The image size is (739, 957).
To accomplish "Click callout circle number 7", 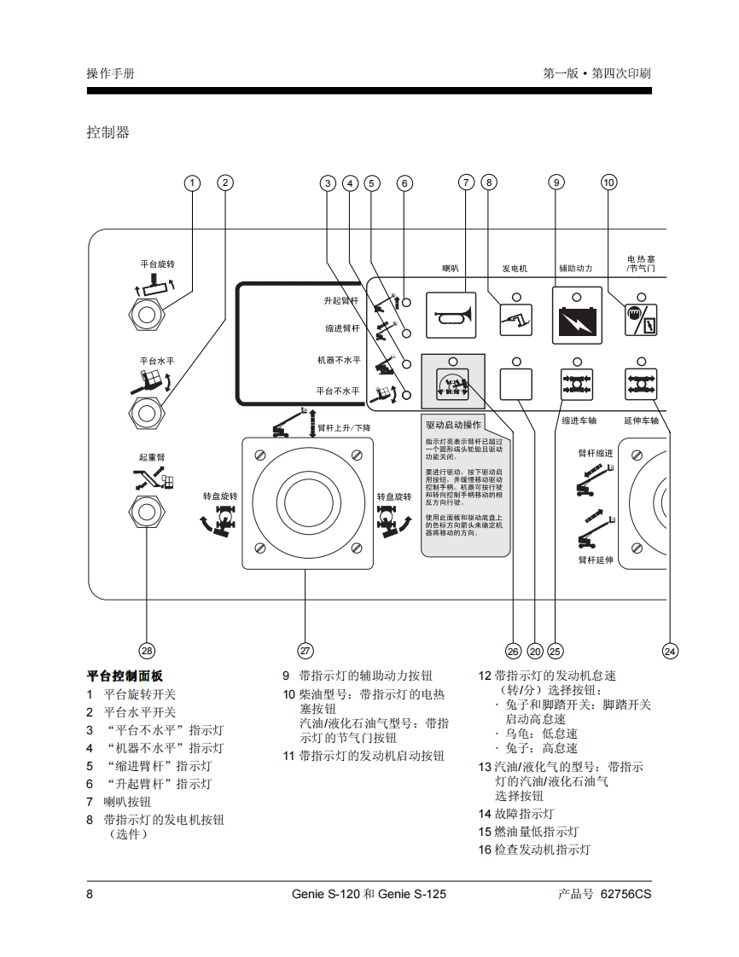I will [466, 182].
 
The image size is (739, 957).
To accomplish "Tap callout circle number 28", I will [147, 651].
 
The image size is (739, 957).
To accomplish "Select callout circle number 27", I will [305, 651].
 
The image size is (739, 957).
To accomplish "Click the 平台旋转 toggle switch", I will [148, 313].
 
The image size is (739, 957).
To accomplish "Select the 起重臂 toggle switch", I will [148, 512].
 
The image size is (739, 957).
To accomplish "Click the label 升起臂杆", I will [341, 302].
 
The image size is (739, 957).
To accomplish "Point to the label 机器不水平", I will [338, 361].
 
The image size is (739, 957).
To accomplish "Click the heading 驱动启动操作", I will [453, 425].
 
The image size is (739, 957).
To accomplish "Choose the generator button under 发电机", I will [516, 321].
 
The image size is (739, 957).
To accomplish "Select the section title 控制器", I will [108, 132].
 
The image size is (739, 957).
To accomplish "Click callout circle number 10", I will [608, 182].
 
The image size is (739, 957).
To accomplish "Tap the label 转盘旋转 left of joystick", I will [220, 496].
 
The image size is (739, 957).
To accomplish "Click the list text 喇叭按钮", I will [127, 802].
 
